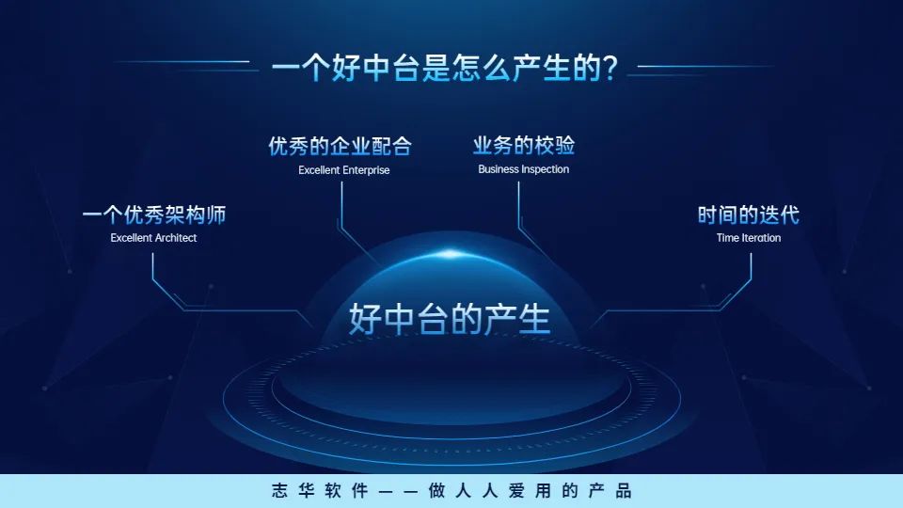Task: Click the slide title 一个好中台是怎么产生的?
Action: click(x=443, y=70)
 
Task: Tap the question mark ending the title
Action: click(x=610, y=71)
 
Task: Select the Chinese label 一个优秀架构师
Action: click(x=154, y=215)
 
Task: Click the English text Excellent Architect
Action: click(x=153, y=238)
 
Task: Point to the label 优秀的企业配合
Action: click(x=340, y=147)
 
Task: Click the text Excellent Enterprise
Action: click(x=343, y=170)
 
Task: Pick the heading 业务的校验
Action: click(x=523, y=146)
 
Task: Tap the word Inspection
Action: click(x=546, y=169)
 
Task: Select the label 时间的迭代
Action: click(x=748, y=215)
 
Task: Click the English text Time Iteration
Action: click(x=748, y=238)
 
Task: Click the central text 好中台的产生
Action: click(x=450, y=319)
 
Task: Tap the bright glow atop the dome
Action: click(x=451, y=254)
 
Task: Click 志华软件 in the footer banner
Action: click(x=305, y=491)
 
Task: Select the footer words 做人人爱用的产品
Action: click(x=527, y=491)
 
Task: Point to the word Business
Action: click(x=499, y=169)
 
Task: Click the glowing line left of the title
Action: click(x=188, y=65)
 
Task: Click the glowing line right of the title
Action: click(x=705, y=67)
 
